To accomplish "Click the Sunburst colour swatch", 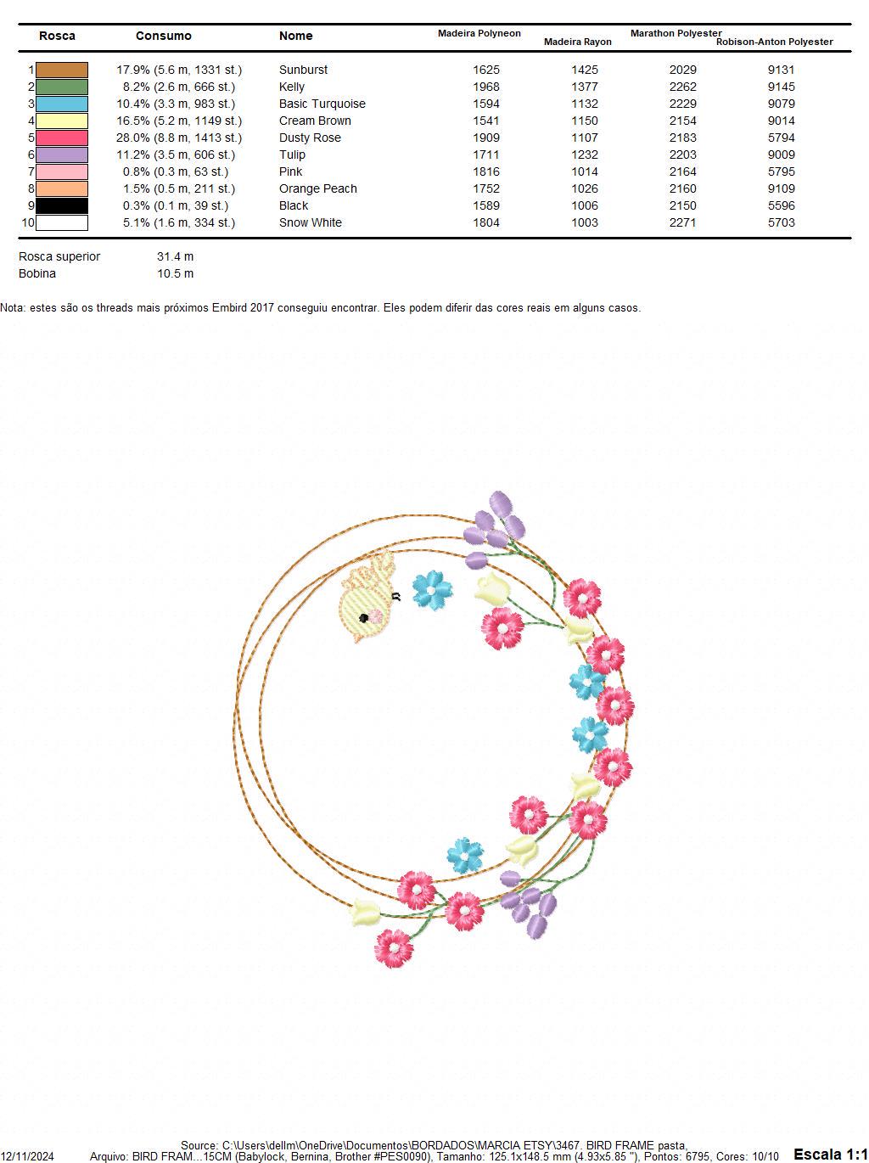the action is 61,70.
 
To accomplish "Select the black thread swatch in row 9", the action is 61,205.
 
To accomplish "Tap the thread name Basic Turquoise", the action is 322,104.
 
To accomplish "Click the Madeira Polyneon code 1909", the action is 485,138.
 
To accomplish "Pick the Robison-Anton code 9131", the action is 781,70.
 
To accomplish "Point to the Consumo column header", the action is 164,36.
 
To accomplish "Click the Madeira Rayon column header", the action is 577,42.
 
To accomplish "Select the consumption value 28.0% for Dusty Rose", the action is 133,138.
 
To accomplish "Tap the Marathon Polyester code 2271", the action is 682,222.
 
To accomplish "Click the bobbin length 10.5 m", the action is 176,273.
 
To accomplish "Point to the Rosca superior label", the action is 59,256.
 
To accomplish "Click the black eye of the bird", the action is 364,618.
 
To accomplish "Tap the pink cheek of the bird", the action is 375,616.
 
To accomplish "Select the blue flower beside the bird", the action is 432,590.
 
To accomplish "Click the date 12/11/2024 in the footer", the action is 27,1156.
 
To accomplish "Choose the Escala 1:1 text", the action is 831,1154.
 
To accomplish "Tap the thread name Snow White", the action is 311,222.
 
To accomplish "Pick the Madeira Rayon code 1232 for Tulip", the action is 584,155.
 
